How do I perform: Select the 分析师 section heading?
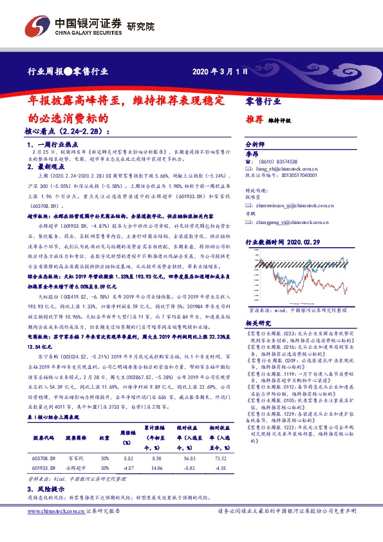256,145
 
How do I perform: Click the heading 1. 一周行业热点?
57,145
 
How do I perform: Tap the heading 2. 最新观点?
50,166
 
